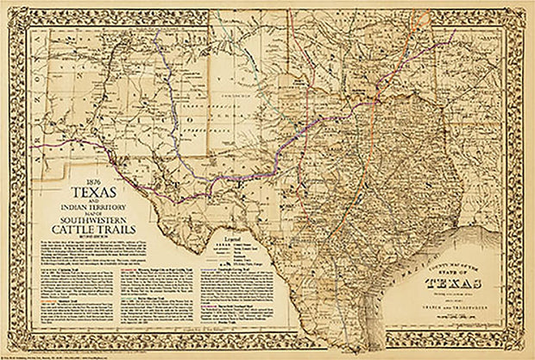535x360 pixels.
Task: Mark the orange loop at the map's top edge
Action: (x=423, y=19)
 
